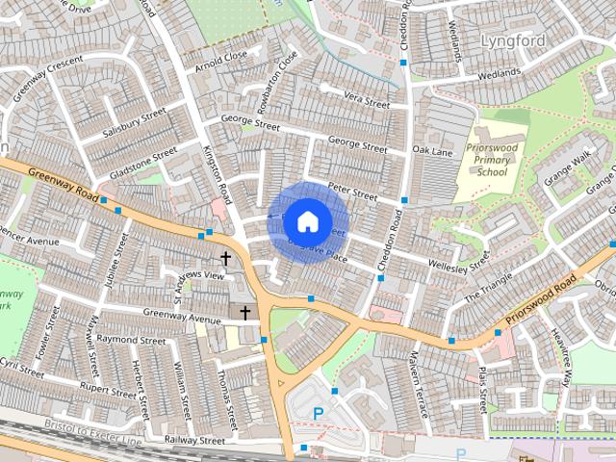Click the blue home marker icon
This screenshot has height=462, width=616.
(x=307, y=221)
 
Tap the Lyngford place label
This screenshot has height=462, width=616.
(x=512, y=41)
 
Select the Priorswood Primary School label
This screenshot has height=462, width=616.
(x=491, y=159)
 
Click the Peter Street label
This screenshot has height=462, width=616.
(x=352, y=193)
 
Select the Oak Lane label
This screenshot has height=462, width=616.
(x=432, y=151)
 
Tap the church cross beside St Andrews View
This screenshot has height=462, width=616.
(x=226, y=258)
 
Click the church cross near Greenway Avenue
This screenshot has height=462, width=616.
(x=244, y=313)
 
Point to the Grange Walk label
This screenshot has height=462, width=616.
(x=569, y=168)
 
